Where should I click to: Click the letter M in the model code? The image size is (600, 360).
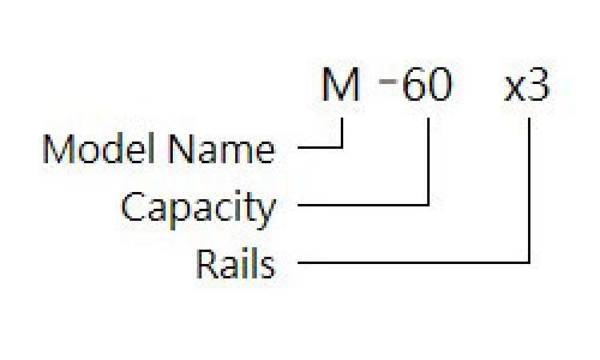[x=341, y=84]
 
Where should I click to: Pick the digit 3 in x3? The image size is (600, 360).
[x=538, y=85]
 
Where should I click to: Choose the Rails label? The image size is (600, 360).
[x=236, y=263]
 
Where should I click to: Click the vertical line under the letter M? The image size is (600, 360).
[x=342, y=133]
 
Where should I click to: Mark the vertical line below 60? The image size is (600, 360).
[x=428, y=161]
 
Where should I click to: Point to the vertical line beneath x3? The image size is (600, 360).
[x=529, y=191]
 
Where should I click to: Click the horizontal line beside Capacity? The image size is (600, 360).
[x=363, y=205]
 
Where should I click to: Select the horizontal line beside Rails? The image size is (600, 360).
[x=413, y=263]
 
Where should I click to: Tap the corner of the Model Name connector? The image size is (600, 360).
[x=342, y=147]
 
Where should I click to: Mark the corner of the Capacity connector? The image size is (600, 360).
[x=428, y=205]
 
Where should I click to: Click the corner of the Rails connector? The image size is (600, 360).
[x=529, y=263]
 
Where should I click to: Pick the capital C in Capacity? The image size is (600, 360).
[x=134, y=206]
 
